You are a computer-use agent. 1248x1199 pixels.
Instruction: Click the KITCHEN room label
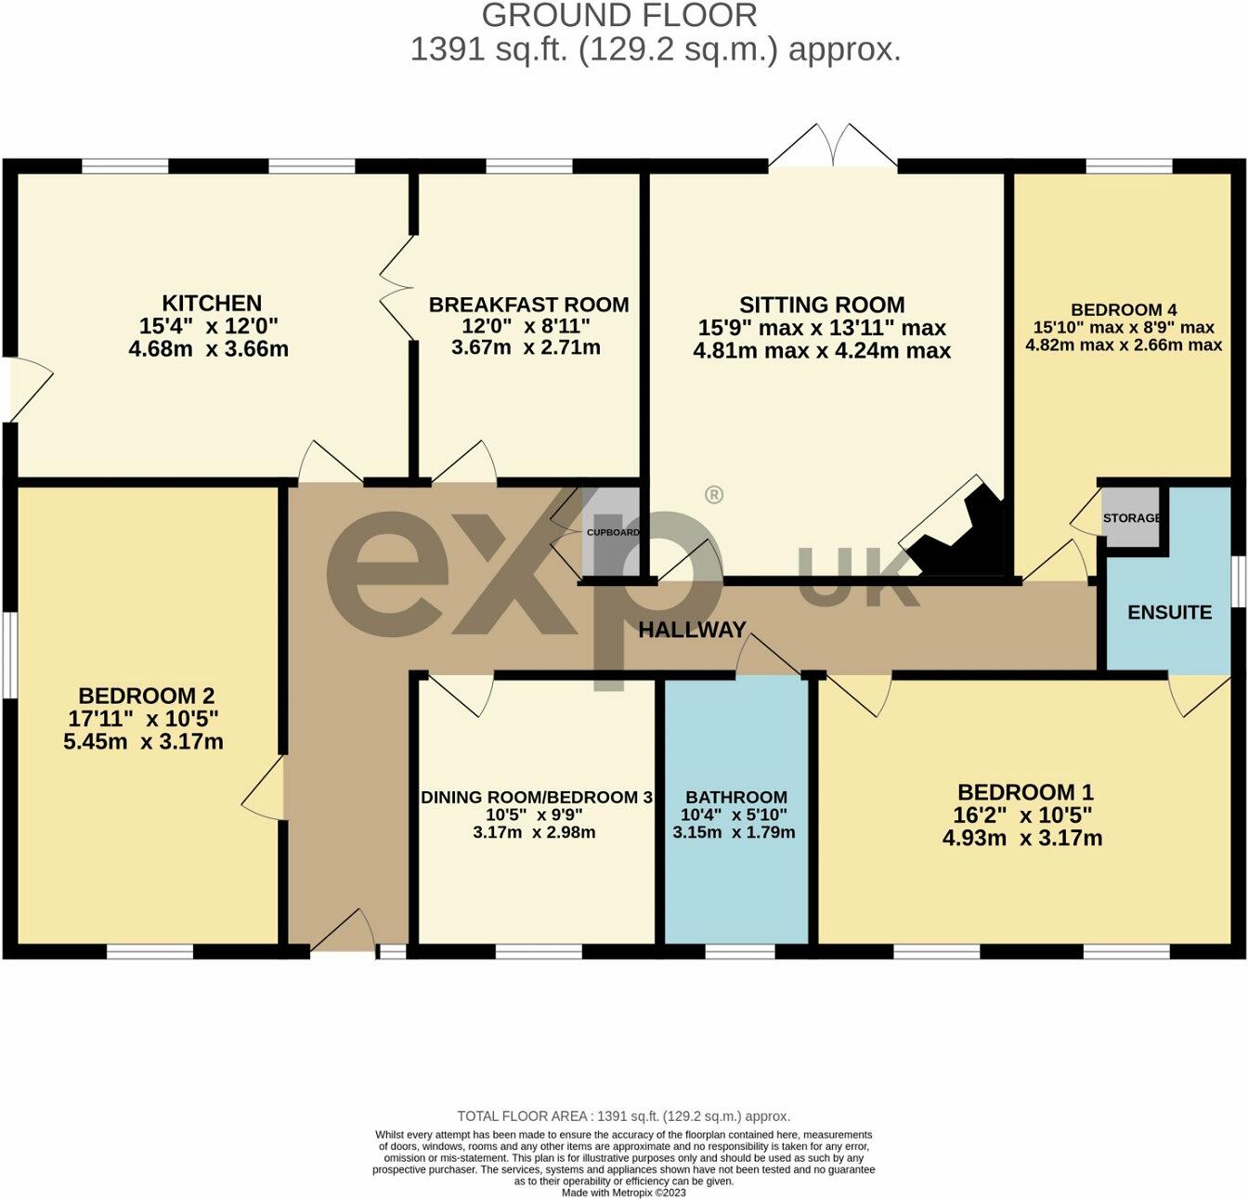pos(212,303)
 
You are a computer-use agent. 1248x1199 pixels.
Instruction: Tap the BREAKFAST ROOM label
pos(529,305)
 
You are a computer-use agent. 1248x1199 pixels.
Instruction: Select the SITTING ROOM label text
pos(822,305)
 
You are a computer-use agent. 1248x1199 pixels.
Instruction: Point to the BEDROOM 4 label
pos(1124,310)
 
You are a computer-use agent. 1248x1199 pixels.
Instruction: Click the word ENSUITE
pos(1170,613)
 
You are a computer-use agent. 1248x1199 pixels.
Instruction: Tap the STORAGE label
pos(1131,517)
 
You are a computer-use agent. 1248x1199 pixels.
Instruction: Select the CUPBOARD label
pos(613,532)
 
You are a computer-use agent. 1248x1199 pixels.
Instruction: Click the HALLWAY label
pos(693,630)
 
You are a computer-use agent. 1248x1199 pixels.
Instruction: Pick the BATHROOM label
pos(736,798)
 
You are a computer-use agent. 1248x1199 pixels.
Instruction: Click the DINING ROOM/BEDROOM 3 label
pos(537,798)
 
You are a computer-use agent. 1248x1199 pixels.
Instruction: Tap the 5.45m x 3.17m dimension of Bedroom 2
pos(144,742)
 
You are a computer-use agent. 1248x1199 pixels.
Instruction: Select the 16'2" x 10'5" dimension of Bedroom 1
pos(1022,815)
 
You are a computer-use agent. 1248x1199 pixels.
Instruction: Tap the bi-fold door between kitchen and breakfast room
pos(396,287)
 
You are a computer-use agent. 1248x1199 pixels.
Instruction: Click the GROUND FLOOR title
pos(619,16)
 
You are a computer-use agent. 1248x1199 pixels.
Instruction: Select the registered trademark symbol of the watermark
pos(714,495)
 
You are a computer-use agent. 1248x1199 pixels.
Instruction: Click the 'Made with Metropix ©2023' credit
pos(624,1192)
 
